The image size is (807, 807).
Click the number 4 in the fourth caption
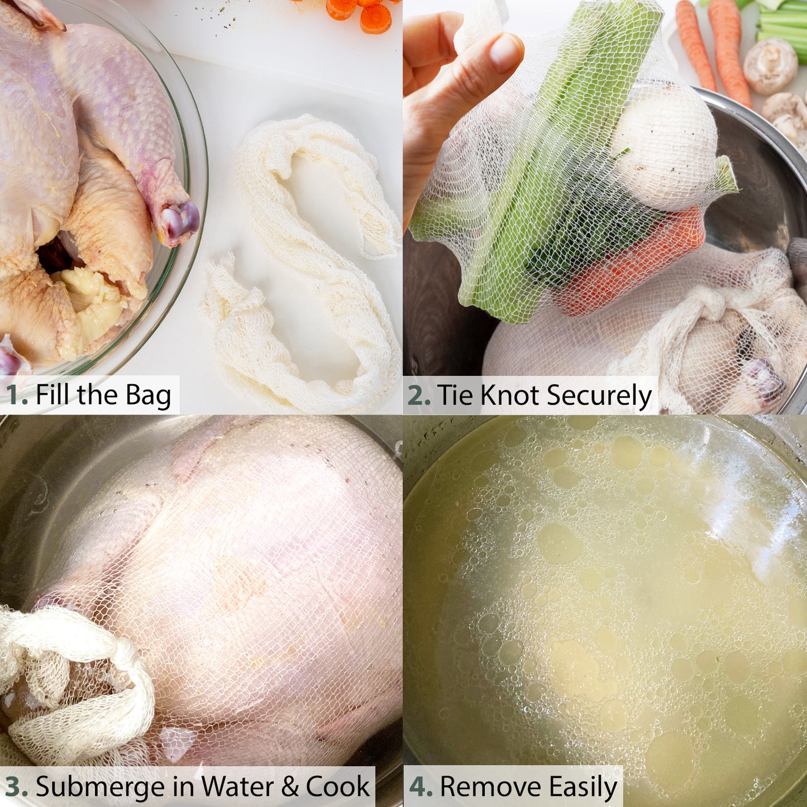pos(421,787)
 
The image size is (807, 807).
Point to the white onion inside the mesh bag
pos(665,145)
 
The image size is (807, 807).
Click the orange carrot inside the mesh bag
pos(631,262)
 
